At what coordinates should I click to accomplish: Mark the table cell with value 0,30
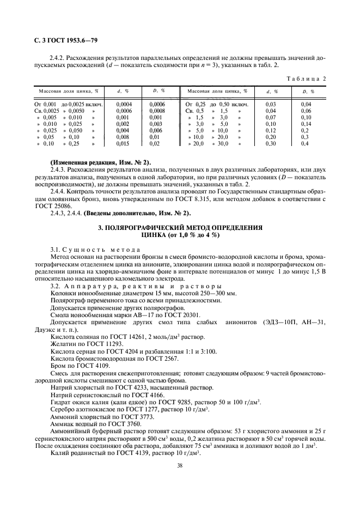click(x=270, y=144)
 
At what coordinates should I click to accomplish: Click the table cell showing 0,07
click(x=270, y=117)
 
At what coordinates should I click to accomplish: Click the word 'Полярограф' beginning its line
click(x=69, y=300)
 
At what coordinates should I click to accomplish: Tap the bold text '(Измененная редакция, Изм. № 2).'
click(x=101, y=163)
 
